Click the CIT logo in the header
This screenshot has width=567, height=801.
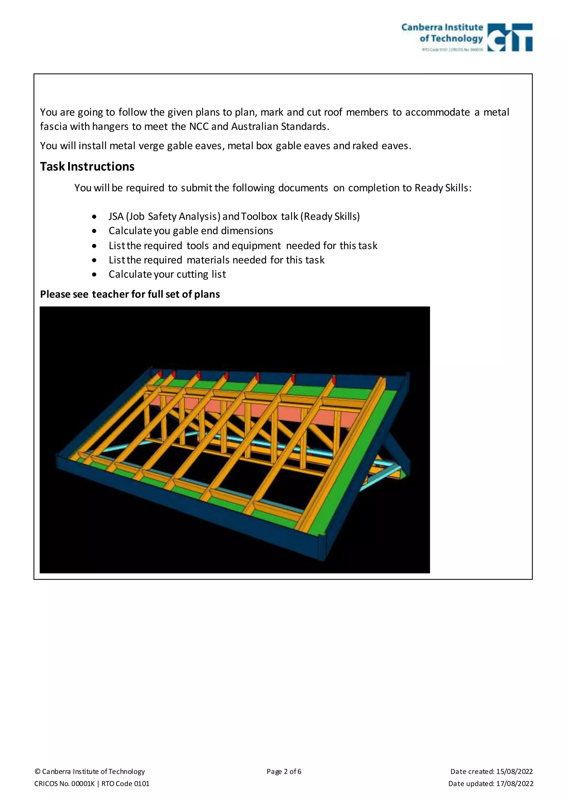[509, 37]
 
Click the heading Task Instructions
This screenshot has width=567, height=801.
[87, 167]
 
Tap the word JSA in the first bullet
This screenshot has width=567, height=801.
[116, 217]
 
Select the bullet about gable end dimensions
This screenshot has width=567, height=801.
[191, 231]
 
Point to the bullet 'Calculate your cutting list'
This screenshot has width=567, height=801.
[167, 275]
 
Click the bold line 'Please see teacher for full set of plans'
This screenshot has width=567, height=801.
[130, 295]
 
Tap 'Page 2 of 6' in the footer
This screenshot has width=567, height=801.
[283, 771]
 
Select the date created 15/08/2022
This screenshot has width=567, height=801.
[514, 771]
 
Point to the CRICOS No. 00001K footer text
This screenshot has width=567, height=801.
[64, 784]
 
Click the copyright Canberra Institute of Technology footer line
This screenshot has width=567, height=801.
[90, 771]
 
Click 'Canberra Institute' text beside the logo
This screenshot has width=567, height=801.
[442, 27]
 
